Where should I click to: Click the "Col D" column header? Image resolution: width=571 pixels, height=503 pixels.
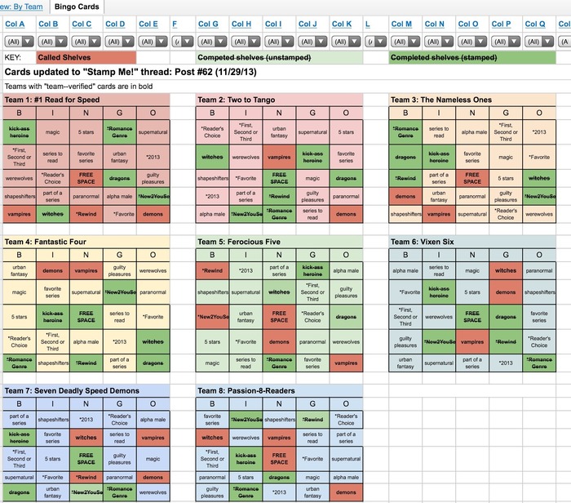point(116,24)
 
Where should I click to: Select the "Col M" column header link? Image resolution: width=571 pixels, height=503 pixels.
point(401,24)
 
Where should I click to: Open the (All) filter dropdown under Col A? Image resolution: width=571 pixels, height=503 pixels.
point(17,41)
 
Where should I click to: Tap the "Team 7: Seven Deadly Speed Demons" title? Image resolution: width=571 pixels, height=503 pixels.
point(72,391)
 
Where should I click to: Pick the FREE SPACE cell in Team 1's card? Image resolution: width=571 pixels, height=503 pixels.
point(86,177)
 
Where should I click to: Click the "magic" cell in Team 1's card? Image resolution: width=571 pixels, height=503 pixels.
point(53,131)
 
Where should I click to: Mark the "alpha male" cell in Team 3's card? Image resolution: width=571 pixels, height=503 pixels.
point(472,131)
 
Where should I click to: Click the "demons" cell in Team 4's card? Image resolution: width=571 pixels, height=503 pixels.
point(52,270)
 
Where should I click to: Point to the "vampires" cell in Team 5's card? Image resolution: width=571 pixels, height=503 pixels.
point(346,363)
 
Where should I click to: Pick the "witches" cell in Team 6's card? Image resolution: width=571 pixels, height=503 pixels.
point(506,270)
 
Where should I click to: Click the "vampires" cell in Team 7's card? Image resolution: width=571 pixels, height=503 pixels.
point(152,438)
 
